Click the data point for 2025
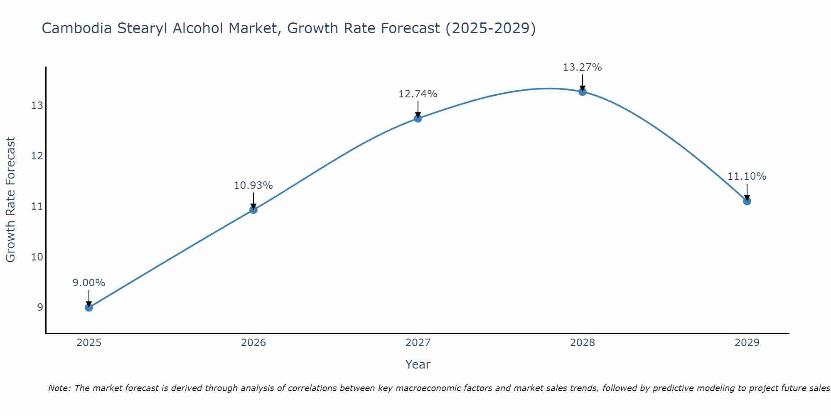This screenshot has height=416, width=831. pos(89,307)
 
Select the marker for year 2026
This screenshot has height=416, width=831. pos(253,210)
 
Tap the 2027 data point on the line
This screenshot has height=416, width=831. pos(418,119)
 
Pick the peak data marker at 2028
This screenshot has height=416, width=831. pos(583,92)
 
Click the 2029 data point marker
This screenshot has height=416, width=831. pos(747,201)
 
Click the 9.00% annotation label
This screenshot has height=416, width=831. pos(89,283)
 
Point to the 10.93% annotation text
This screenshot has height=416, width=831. pos(253,186)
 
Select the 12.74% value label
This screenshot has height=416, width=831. pos(418,94)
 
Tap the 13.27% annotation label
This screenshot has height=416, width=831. pos(582,67)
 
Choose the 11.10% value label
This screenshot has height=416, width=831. pos(747,176)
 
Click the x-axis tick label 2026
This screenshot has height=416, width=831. pos(253,343)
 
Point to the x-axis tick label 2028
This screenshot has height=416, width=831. pos(583,343)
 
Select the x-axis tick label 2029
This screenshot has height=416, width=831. pos(747,343)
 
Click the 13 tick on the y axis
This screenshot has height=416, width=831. pos(37,106)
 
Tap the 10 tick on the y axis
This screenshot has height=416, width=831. pos(37,257)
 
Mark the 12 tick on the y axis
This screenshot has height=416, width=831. pos(37,156)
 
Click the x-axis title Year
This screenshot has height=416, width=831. pos(418,364)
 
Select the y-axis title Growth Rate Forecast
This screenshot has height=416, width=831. pos(10,200)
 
